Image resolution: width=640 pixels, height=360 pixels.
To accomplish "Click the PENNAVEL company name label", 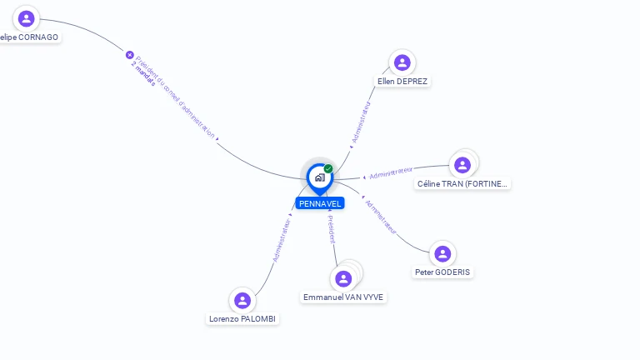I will [x=320, y=203].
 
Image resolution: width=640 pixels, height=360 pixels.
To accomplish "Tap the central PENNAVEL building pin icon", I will [x=319, y=177].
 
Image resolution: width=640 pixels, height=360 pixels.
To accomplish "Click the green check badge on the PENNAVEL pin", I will [x=328, y=169].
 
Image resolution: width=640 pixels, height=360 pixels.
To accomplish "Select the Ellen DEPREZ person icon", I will [x=402, y=62].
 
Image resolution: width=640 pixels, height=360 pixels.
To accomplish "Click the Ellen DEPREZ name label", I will [x=402, y=82].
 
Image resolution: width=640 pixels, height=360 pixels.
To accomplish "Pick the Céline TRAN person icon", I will [x=462, y=165].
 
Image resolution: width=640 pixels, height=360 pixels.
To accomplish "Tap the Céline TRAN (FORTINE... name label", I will [x=462, y=183].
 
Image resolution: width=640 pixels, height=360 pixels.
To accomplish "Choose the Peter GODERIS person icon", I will [x=442, y=253].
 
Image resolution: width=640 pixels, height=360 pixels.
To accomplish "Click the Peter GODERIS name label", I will [x=442, y=272].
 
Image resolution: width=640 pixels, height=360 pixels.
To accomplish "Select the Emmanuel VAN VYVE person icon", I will [x=343, y=278].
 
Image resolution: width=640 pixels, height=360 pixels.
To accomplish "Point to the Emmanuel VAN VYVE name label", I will [x=343, y=297].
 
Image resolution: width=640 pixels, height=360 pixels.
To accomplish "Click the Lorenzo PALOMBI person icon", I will [x=242, y=300].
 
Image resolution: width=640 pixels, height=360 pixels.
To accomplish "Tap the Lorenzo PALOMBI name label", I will [x=242, y=319].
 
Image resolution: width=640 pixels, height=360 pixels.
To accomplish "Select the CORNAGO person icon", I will [x=27, y=18].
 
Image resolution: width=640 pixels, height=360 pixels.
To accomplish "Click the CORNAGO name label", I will [x=30, y=37].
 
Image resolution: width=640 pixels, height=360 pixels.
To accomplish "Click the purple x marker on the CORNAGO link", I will [x=130, y=55].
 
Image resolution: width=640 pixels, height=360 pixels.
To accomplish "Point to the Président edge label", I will [x=331, y=229].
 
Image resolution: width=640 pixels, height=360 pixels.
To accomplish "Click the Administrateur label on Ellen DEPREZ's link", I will [x=362, y=123].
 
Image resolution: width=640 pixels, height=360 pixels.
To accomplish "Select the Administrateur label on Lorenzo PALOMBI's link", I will [x=282, y=241].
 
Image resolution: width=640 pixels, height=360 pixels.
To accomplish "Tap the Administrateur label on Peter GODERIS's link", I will [x=381, y=215].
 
